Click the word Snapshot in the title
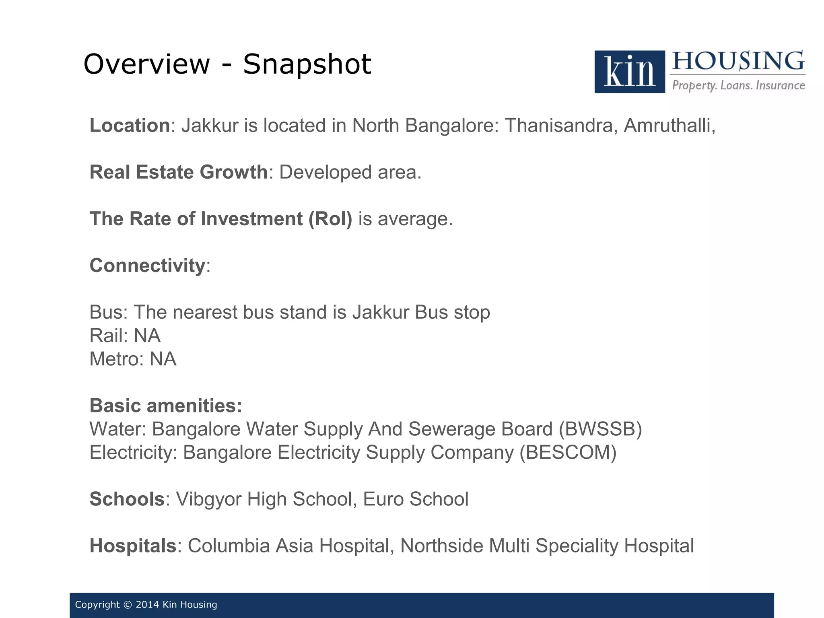coord(307,64)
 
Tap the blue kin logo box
coord(629,72)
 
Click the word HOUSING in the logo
coord(738,61)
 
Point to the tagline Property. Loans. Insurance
coord(738,85)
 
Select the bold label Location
coord(130,126)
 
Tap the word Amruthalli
coord(669,126)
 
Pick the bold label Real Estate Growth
coord(179,172)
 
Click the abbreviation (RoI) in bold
coord(330,219)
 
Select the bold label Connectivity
coord(148,266)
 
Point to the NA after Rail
coord(147,336)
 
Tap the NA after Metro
coord(163,359)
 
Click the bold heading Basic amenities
coord(166,406)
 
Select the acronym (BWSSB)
coord(600,429)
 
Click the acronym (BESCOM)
coord(568,452)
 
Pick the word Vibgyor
coord(208,499)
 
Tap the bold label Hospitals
coord(133,546)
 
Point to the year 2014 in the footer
coord(147,605)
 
